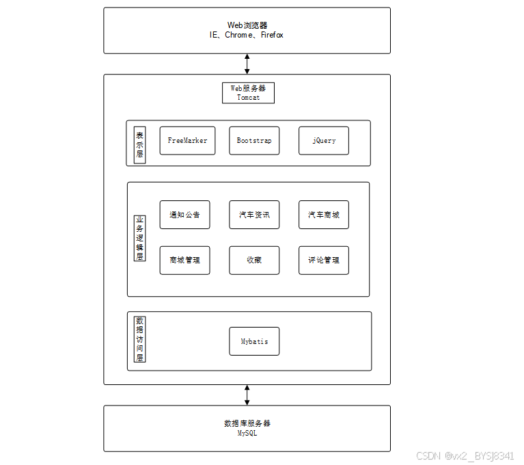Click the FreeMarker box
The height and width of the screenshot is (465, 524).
tap(187, 141)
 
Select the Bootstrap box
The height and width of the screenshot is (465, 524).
tap(254, 141)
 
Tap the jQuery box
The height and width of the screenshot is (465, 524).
tap(324, 141)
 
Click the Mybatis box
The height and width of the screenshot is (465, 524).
tap(254, 341)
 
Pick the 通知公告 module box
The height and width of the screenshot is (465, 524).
tap(184, 215)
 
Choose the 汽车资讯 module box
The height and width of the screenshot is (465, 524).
tap(254, 215)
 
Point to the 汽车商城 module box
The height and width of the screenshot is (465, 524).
tap(324, 215)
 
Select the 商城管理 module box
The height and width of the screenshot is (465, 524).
tap(184, 261)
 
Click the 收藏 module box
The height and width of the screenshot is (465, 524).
tap(254, 261)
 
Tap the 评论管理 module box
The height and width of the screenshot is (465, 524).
tap(324, 261)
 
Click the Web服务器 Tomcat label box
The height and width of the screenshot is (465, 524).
tap(248, 93)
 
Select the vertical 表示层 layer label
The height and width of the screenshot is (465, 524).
tap(139, 144)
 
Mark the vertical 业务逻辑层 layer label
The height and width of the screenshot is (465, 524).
tap(139, 239)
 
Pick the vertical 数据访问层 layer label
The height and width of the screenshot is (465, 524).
tap(139, 339)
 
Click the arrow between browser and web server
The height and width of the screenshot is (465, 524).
tap(247, 64)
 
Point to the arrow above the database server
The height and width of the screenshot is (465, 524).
tap(247, 395)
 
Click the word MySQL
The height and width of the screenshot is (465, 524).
tap(247, 433)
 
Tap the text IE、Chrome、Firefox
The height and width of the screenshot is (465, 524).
tap(247, 35)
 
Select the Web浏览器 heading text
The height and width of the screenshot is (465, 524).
tap(247, 25)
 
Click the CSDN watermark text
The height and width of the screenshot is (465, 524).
tap(465, 456)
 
